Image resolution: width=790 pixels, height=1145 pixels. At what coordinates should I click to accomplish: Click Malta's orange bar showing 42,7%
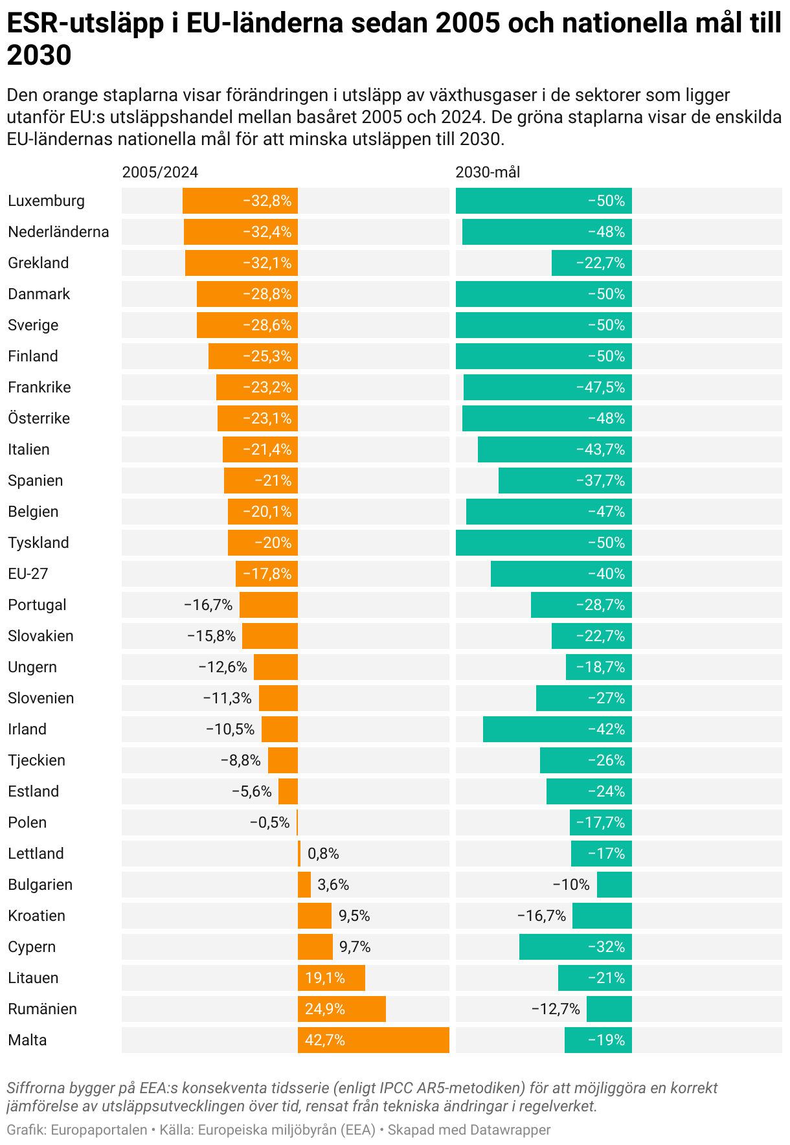pos(373,1040)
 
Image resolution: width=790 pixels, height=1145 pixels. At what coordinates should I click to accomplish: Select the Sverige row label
pos(33,325)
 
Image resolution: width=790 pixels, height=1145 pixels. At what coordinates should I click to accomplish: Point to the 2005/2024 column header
pos(160,172)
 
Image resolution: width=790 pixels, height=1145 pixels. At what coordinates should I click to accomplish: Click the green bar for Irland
pos(557,729)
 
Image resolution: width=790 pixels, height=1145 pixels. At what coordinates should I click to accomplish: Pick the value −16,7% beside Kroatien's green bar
pos(541,916)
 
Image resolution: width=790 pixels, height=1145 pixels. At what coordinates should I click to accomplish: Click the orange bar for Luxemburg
pos(240,201)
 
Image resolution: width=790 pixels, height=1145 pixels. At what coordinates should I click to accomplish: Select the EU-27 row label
pos(28,574)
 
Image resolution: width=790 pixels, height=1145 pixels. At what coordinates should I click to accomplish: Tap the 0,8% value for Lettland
pos(323,854)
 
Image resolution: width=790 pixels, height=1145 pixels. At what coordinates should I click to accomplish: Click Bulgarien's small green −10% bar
pos(614,885)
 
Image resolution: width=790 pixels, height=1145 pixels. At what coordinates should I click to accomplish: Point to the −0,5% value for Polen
pos(269,822)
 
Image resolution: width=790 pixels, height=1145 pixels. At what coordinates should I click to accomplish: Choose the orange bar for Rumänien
pos(341,1009)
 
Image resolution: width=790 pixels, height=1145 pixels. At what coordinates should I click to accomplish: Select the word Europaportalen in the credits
pos(99,1130)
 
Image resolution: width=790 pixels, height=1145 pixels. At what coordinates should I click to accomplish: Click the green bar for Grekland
pos(591,263)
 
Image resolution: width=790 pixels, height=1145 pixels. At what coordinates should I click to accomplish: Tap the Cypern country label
pos(32,947)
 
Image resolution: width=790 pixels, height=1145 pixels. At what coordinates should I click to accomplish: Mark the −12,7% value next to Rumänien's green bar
pos(556,1009)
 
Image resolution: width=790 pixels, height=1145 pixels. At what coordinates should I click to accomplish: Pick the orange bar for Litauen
pos(331,978)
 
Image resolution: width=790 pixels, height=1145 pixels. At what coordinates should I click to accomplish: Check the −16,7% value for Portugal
pos(208,605)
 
